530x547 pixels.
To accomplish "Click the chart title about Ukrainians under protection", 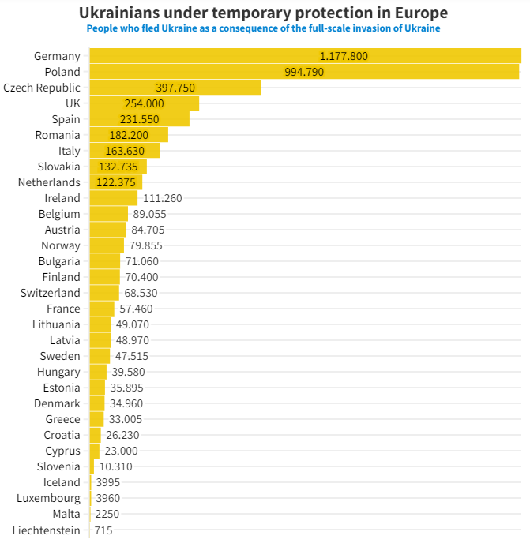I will [x=263, y=13].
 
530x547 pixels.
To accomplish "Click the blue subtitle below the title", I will [x=263, y=28].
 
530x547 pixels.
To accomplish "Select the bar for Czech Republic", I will [x=175, y=88].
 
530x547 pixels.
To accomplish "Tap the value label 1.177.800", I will [x=344, y=56].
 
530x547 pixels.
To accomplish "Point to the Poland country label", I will [x=62, y=72].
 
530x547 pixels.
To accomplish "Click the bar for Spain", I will [x=139, y=119].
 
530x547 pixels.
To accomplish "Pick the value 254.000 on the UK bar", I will [x=145, y=103].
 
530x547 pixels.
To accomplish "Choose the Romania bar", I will [x=129, y=135].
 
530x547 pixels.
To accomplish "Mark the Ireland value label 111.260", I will [x=163, y=198].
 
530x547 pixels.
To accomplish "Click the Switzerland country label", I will [x=51, y=293].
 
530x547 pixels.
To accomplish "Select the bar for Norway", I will [x=107, y=245].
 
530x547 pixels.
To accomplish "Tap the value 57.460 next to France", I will [x=136, y=309].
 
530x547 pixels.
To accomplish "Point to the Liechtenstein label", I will [x=46, y=530].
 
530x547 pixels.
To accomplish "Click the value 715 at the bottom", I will [x=103, y=530].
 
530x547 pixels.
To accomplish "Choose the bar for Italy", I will [x=125, y=151].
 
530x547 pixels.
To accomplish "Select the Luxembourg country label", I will [x=49, y=498].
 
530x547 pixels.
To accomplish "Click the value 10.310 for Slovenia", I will [x=116, y=466].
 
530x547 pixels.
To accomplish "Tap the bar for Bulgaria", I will [x=105, y=261].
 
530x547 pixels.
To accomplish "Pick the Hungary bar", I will [x=98, y=372].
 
